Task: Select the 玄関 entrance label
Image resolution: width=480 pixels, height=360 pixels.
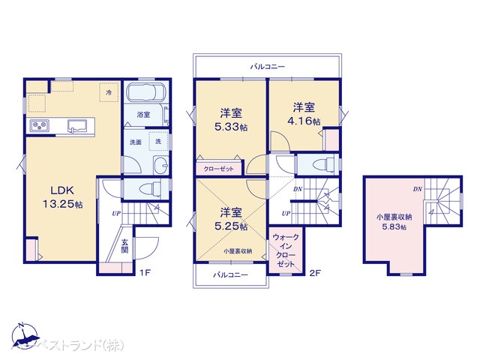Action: tap(127, 246)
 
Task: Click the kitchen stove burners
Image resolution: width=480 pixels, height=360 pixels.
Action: tap(39, 124)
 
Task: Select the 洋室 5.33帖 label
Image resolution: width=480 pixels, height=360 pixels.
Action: tap(231, 118)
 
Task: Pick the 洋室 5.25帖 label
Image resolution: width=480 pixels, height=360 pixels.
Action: tap(231, 218)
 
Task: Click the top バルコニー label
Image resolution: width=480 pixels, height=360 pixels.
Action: tap(268, 66)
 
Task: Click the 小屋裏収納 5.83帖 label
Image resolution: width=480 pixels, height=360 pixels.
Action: tap(394, 222)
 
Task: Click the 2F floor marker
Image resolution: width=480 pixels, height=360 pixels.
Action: tap(315, 272)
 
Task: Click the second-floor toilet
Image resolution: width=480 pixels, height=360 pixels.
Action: tap(316, 164)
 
